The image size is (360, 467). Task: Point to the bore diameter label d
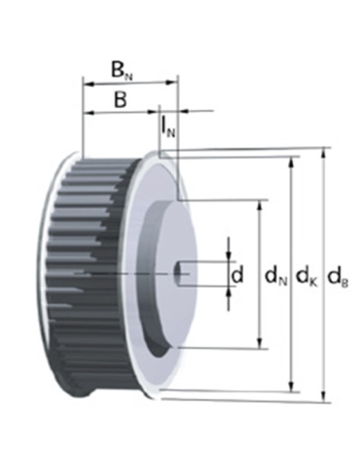tap(237, 275)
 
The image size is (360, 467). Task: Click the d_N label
tap(274, 277)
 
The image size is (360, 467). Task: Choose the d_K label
tap(306, 277)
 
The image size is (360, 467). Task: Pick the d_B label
tap(338, 277)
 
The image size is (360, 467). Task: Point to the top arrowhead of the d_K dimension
tap(293, 161)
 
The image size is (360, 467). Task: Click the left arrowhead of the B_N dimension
tap(88, 83)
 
